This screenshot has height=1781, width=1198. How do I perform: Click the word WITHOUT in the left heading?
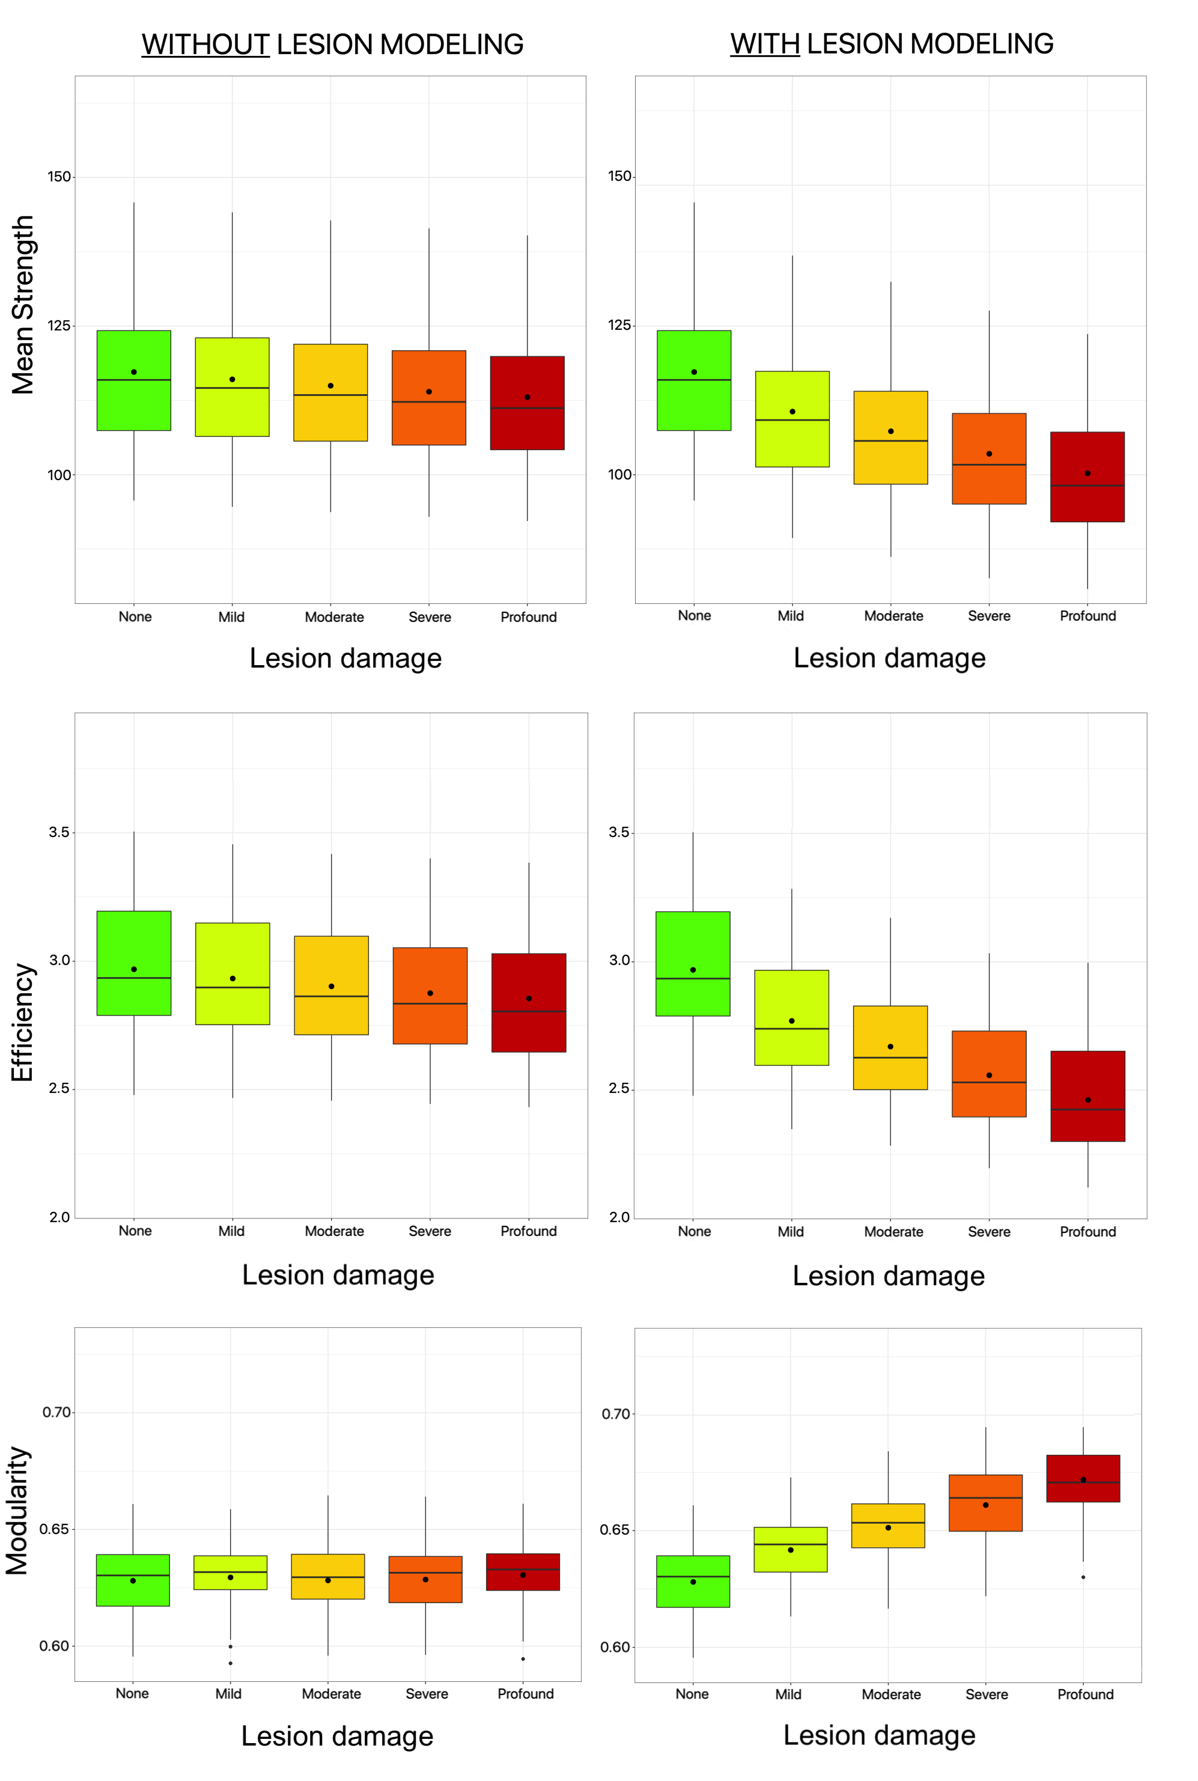(x=205, y=44)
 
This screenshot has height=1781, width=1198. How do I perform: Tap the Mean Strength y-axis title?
(x=23, y=304)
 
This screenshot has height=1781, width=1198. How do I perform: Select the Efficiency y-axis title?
(x=23, y=1022)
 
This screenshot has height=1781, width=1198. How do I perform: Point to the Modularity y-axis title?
(x=19, y=1511)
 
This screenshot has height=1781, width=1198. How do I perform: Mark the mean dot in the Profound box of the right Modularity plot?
(x=1083, y=1480)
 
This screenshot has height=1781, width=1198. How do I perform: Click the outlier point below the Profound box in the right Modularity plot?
(x=1083, y=1577)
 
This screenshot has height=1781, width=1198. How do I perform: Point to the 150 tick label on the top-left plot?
(x=59, y=177)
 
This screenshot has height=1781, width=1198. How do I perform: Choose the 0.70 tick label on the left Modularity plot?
(x=57, y=1412)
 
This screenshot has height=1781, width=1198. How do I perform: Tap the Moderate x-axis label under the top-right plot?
(x=893, y=616)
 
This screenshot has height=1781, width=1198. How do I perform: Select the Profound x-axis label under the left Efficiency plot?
(x=528, y=1231)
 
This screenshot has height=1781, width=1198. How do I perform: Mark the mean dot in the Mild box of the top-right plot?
(x=792, y=412)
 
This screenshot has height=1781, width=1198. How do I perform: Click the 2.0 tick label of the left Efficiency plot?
(x=59, y=1217)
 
